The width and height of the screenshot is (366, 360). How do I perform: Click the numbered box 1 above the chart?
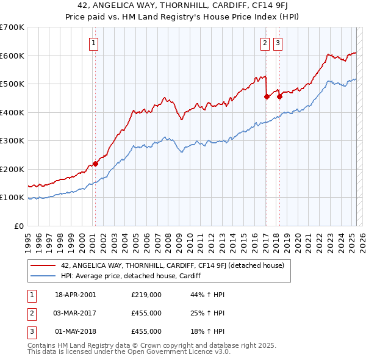pos(95,43)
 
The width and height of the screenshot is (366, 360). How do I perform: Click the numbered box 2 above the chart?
pos(265,43)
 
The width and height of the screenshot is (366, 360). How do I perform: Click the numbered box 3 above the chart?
pos(278,43)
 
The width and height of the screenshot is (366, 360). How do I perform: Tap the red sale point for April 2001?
pos(95,164)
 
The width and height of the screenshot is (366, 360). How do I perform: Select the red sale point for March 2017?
pos(267,96)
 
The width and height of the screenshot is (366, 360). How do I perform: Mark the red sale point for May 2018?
pos(279,96)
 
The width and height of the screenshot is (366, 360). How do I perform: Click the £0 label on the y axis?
pos(20,226)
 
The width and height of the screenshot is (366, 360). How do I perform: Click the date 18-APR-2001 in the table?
pos(75,295)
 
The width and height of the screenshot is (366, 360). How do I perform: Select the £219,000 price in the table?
pos(146,295)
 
